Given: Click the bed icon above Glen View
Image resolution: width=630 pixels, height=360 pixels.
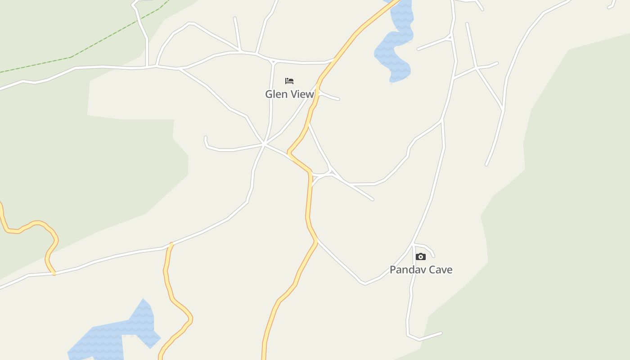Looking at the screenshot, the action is [289, 81].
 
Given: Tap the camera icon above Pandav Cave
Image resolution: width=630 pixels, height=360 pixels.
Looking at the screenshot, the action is [421, 256].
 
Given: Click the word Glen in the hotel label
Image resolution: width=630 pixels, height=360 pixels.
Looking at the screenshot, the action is [275, 94].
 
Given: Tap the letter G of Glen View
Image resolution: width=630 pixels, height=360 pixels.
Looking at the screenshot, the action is [269, 94].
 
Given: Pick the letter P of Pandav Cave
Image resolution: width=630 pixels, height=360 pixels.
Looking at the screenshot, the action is [392, 270].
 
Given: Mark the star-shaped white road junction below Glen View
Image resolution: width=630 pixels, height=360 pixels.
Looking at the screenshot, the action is [265, 144].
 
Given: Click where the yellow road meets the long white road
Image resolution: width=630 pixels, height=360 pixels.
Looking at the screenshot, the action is [171, 245].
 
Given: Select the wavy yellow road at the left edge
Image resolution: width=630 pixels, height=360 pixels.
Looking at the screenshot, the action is [31, 225].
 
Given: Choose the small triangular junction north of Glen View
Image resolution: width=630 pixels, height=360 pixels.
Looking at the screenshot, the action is [272, 62].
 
